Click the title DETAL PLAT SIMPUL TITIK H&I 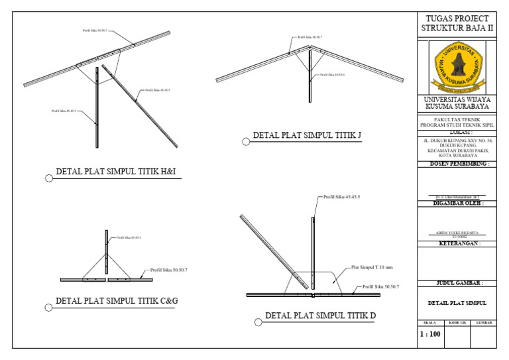(x=119, y=174)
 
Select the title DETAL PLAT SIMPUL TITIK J (x=307, y=137)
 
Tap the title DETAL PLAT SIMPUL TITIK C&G (x=117, y=301)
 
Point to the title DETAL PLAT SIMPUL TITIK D (x=321, y=316)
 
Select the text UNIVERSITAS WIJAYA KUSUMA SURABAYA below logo (x=457, y=103)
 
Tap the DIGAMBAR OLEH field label (x=456, y=204)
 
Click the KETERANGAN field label (x=456, y=243)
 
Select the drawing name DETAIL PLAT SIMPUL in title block (x=456, y=303)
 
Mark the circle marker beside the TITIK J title (x=246, y=141)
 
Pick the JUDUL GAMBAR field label (x=456, y=283)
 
